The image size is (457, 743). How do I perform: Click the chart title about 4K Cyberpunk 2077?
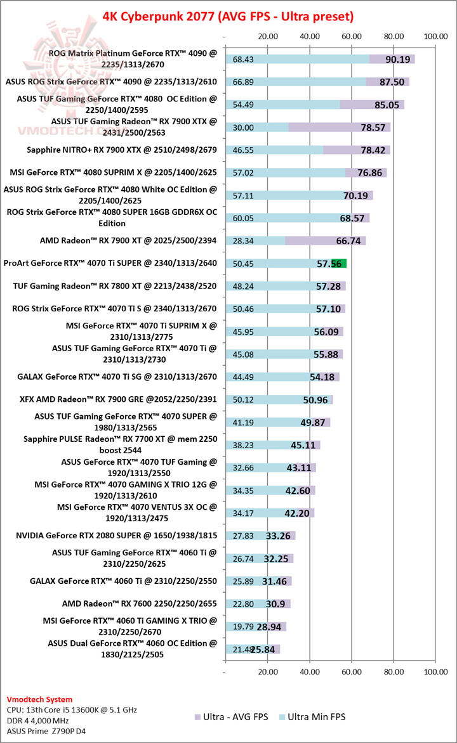coord(228,15)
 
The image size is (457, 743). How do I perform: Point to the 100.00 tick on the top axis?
coord(436,36)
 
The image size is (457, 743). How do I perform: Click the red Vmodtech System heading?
coord(39,699)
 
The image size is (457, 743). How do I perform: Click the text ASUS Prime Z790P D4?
coord(46,730)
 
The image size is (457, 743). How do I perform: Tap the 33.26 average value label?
coord(278,536)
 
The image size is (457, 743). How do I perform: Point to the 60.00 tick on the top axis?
coord(352,36)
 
